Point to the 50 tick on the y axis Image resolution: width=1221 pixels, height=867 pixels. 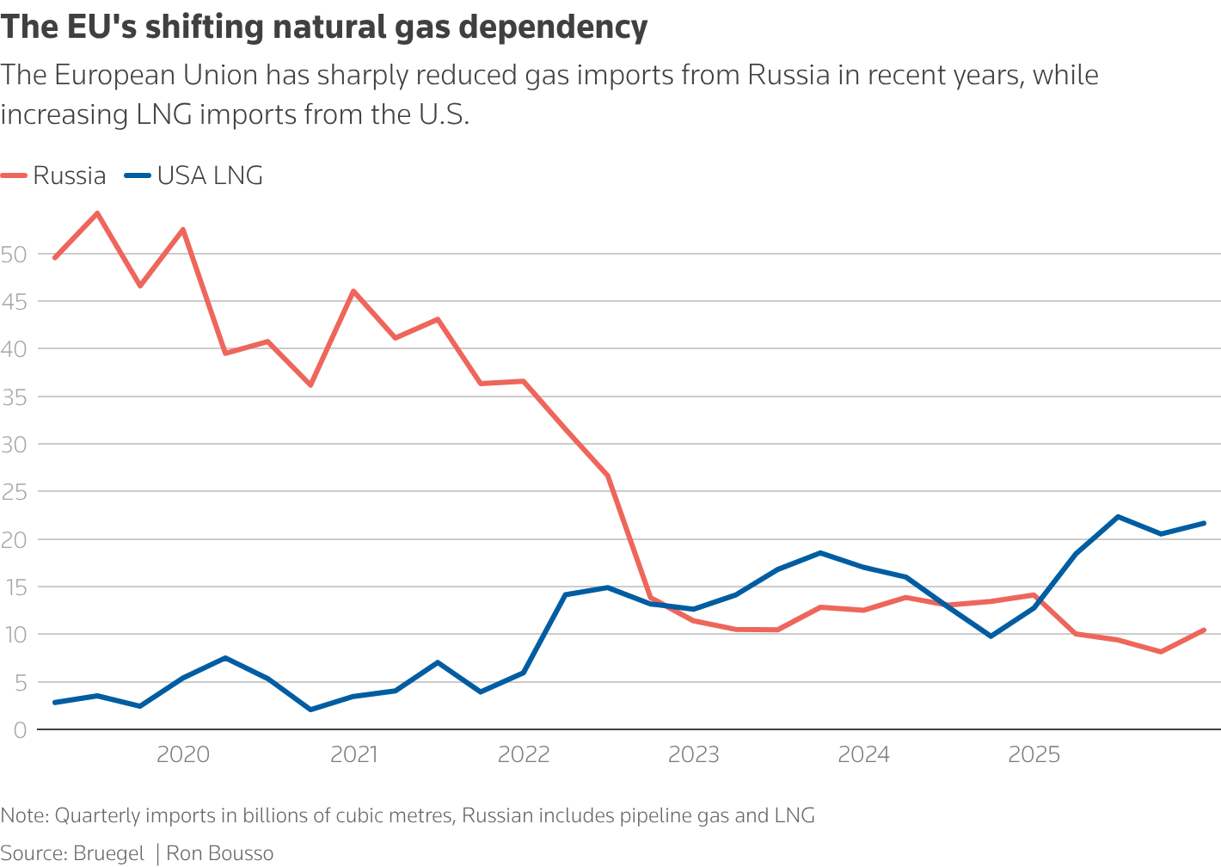pos(15,255)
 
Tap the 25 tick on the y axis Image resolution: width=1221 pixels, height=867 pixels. pos(15,492)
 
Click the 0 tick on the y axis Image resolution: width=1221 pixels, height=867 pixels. pos(20,730)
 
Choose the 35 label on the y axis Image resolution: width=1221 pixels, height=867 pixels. pos(15,397)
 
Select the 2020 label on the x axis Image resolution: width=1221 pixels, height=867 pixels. pos(183,755)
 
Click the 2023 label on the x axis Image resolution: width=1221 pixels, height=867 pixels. pos(694,755)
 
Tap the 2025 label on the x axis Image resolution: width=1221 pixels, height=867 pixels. pos(1034,755)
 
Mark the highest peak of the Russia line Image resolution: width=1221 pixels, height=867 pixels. pos(97,213)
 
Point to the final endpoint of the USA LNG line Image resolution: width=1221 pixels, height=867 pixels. pos(1204,523)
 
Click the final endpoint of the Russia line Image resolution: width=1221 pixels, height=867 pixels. pos(1204,630)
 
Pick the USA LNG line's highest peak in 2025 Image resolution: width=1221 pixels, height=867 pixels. pos(1118,517)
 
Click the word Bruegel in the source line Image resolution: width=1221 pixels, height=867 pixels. pos(108,854)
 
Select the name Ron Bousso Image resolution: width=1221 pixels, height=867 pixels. pos(220,854)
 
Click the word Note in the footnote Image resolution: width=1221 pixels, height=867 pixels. pos(23,815)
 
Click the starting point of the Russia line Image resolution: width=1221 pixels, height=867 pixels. pos(55,258)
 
